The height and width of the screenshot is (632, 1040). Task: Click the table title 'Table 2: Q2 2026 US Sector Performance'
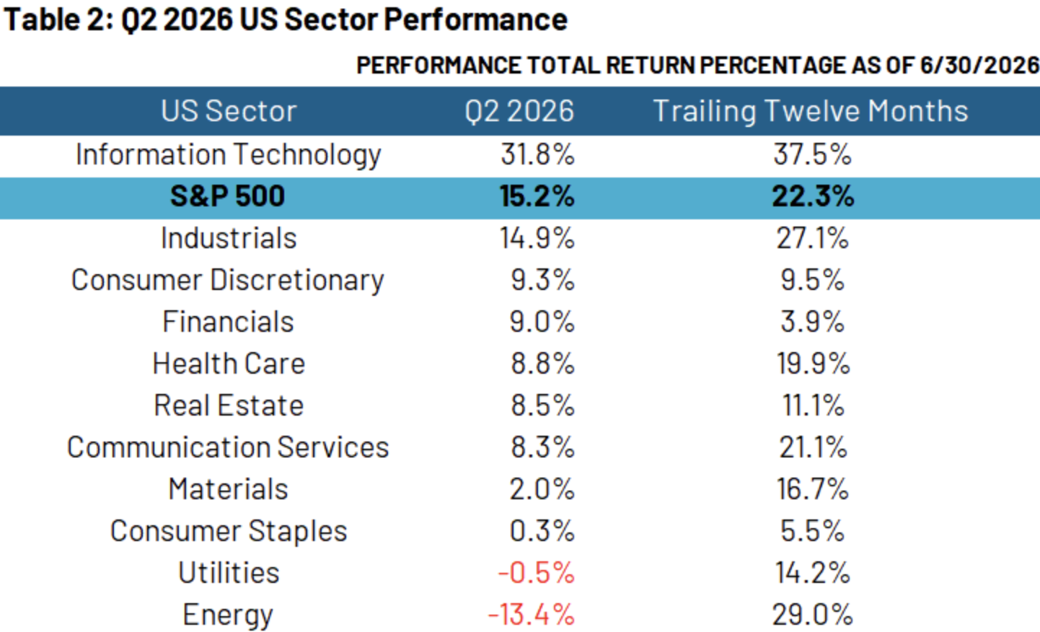coord(286,20)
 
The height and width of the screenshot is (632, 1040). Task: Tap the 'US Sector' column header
coord(229,111)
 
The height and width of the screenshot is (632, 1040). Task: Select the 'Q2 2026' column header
coord(519,111)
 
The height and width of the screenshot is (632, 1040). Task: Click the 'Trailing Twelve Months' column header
coord(811,111)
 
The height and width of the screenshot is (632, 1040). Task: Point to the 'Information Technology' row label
coord(229,154)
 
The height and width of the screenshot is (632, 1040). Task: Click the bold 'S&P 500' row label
coord(227,196)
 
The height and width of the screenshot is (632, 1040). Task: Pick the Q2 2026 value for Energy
coord(532,615)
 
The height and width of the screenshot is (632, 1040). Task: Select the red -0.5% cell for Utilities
coord(537,573)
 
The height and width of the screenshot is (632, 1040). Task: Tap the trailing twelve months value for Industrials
coord(813,238)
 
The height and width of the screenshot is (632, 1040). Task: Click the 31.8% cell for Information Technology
coord(537,154)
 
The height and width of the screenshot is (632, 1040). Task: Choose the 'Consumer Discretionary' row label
coord(227,281)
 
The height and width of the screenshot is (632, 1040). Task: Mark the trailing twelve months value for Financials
coord(813,322)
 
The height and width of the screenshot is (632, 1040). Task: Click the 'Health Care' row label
coord(229,364)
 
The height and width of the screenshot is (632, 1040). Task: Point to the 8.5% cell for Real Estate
coord(543,405)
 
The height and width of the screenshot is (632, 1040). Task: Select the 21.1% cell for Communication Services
coord(813,447)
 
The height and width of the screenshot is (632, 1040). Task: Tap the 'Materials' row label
coord(229,489)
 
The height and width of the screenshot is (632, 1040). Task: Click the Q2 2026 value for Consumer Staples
coord(542,531)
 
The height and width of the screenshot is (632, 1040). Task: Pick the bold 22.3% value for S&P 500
coord(813,196)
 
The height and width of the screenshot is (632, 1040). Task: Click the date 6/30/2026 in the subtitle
coord(979,66)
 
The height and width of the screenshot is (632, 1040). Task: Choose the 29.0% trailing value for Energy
coord(813,615)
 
